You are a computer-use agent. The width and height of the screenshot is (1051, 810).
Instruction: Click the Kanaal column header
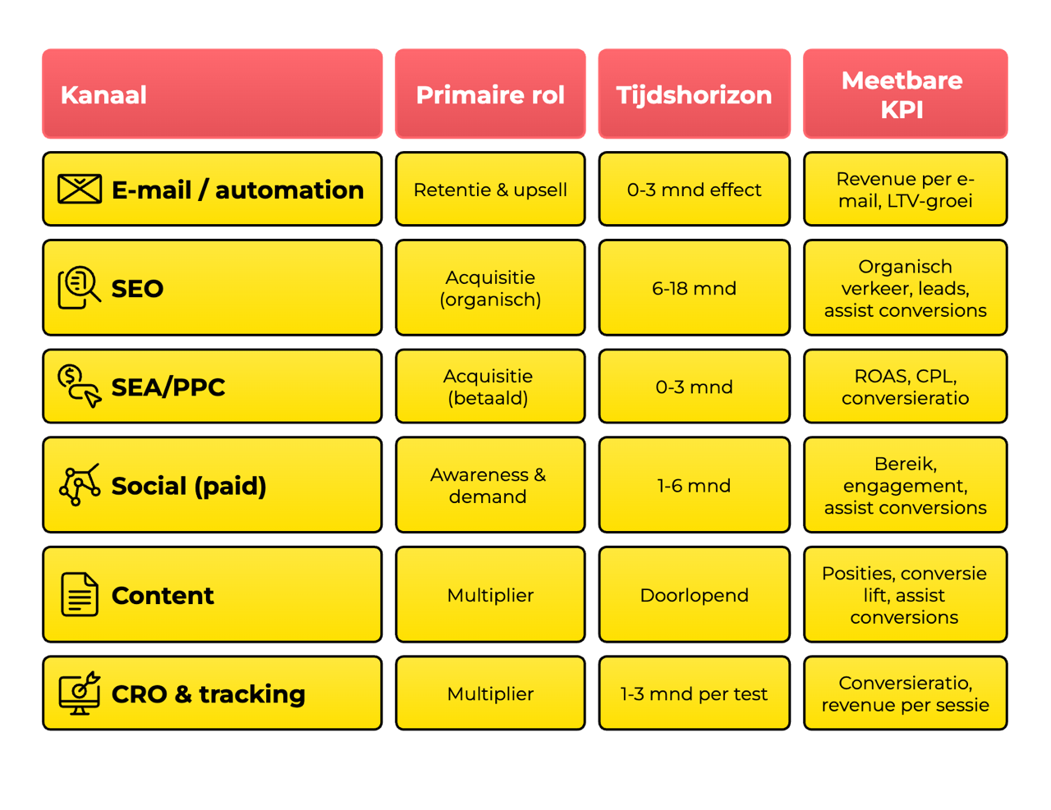(212, 94)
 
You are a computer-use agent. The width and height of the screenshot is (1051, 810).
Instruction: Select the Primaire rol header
(490, 94)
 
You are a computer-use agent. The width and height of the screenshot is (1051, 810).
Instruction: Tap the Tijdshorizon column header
(694, 94)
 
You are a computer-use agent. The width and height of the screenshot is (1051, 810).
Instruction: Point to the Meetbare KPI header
(905, 94)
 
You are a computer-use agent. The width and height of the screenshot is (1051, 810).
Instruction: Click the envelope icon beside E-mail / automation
(80, 189)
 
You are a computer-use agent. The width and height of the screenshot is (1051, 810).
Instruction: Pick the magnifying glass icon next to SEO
(80, 287)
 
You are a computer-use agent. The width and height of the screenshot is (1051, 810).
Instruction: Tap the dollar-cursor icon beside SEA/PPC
(80, 386)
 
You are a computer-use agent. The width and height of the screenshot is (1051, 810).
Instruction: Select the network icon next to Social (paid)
(80, 484)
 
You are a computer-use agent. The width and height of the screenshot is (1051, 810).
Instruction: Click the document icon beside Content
(80, 594)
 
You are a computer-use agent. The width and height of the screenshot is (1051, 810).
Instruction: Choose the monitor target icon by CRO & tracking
(80, 693)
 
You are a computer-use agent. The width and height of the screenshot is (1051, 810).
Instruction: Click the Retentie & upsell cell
(490, 189)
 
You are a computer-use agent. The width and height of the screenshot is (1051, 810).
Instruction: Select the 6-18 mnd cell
(694, 287)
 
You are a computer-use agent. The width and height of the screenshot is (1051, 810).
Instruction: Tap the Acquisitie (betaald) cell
(490, 387)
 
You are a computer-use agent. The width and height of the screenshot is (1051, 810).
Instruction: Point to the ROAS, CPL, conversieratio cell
(905, 387)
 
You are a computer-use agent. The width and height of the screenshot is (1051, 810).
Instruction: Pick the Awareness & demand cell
(490, 485)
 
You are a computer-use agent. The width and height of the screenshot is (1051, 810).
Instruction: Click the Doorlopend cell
(694, 594)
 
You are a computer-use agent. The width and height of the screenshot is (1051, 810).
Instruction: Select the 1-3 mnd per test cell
(694, 693)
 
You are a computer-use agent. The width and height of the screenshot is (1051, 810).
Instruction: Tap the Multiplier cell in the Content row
(490, 594)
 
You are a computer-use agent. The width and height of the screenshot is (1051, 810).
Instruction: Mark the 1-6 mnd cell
(694, 485)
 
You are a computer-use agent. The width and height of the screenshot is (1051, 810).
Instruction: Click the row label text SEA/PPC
(168, 387)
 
